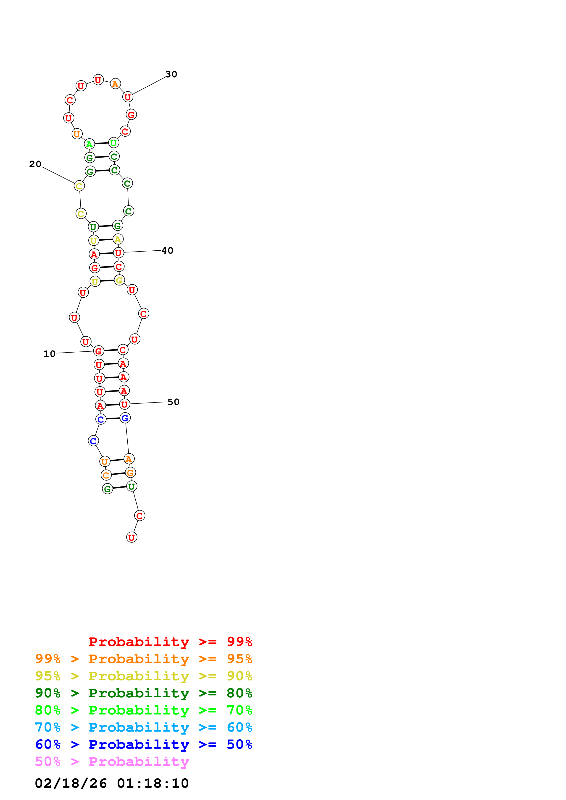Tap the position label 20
pos(35,164)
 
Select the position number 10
pos(50,354)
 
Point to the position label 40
pos(167,251)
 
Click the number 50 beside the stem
pos(173,402)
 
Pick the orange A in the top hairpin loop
pos(115,84)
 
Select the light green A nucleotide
pos(89,144)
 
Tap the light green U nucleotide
pos(113,143)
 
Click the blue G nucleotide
pos(125,418)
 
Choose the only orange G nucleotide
pos(130,473)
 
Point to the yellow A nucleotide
pos(118,239)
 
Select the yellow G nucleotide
pos(119,280)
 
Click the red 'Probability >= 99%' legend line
pos(170,642)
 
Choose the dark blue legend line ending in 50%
pos(143,744)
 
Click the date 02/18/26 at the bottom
pos(71,783)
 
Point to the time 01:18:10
pos(153,783)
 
